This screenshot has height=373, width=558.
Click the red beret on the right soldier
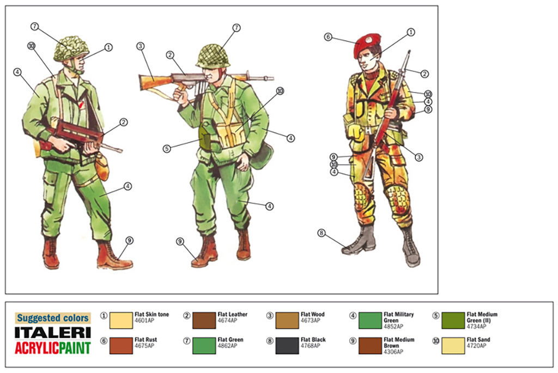pos(367,44)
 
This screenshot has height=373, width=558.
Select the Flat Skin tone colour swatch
pos(120,320)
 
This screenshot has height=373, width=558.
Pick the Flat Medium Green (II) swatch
pos(453,320)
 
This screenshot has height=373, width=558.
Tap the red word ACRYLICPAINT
pos(52,347)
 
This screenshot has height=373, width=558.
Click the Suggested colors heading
pos(52,318)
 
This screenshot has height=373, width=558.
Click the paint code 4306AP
pos(393,352)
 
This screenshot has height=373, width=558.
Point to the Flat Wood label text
pos(312,315)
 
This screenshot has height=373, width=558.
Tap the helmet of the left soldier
pos(71,48)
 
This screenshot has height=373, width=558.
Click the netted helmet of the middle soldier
pos(213,56)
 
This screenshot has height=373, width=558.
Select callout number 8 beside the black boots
pos(322,233)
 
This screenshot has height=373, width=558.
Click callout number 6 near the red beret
pos(328,37)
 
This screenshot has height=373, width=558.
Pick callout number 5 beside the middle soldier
pos(167,148)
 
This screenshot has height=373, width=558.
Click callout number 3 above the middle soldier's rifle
pos(141,46)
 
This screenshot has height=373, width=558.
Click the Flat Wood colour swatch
pos(287,320)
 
